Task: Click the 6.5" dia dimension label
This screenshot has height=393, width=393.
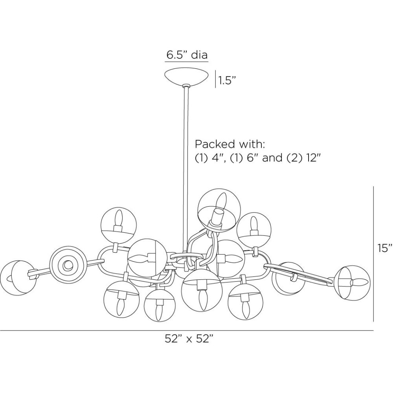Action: pyautogui.click(x=187, y=55)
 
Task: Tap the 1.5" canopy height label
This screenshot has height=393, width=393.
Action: pyautogui.click(x=227, y=81)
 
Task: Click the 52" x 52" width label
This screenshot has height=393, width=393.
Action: pyautogui.click(x=189, y=339)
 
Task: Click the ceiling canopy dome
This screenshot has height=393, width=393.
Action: pyautogui.click(x=187, y=76)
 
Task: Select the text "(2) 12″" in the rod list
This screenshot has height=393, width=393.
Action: pyautogui.click(x=308, y=158)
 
